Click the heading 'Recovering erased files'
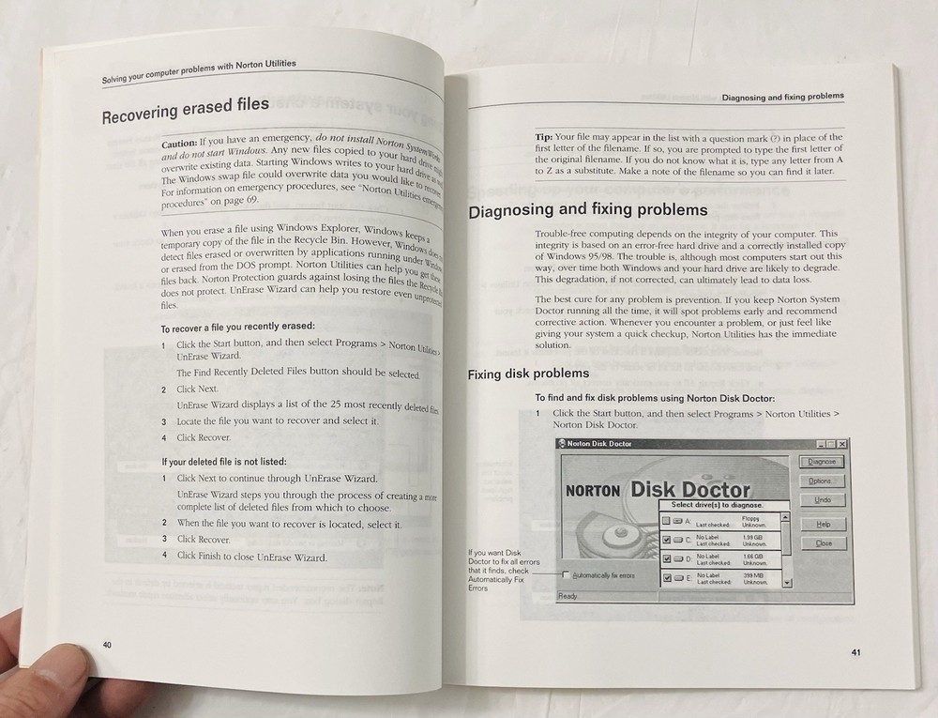pyautogui.click(x=185, y=110)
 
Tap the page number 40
pyautogui.click(x=108, y=644)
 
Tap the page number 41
pyautogui.click(x=855, y=652)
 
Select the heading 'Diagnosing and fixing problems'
pyautogui.click(x=589, y=210)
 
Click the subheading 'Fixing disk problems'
pyautogui.click(x=528, y=374)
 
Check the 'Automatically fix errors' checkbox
pyautogui.click(x=566, y=574)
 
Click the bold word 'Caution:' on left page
pyautogui.click(x=178, y=144)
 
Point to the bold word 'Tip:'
pyautogui.click(x=544, y=138)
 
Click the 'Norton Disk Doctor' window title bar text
pyautogui.click(x=600, y=443)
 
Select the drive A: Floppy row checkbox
pyautogui.click(x=666, y=520)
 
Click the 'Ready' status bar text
pyautogui.click(x=568, y=596)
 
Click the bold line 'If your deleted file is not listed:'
pyautogui.click(x=224, y=461)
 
